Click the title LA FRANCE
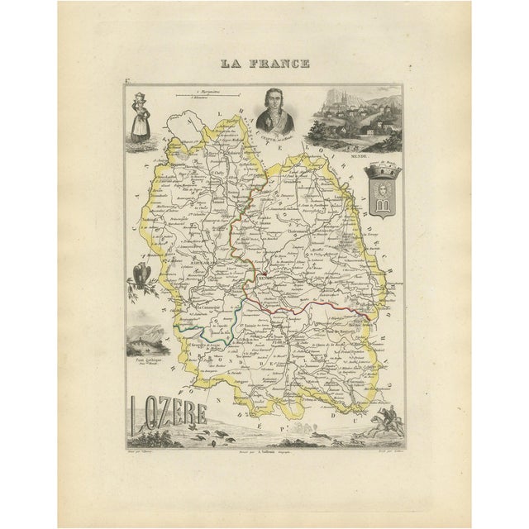(264, 63)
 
